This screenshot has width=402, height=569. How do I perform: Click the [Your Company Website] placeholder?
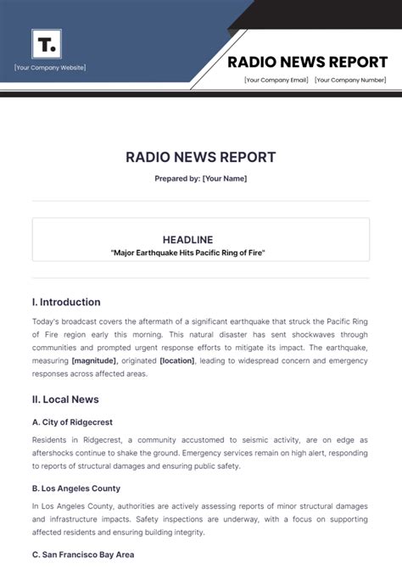pos(50,68)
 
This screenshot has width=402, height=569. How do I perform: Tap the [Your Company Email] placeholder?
pos(276,81)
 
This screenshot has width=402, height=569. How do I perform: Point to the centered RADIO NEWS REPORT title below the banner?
pos(200,158)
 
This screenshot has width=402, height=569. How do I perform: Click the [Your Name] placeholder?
pos(225,179)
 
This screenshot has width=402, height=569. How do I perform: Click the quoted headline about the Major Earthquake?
pos(200,253)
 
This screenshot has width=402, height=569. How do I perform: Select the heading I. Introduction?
pos(66,302)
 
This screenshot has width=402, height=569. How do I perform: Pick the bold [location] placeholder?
pos(176,360)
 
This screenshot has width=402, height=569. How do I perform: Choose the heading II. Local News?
pos(65,399)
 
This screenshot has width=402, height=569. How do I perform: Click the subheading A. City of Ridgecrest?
pos(72,422)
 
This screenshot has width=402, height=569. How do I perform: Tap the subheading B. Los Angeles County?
pos(76,488)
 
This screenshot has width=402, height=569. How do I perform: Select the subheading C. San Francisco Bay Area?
pos(82,555)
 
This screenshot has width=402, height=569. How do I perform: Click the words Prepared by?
pos(176,179)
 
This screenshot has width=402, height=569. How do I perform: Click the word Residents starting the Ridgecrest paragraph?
pos(50,440)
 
